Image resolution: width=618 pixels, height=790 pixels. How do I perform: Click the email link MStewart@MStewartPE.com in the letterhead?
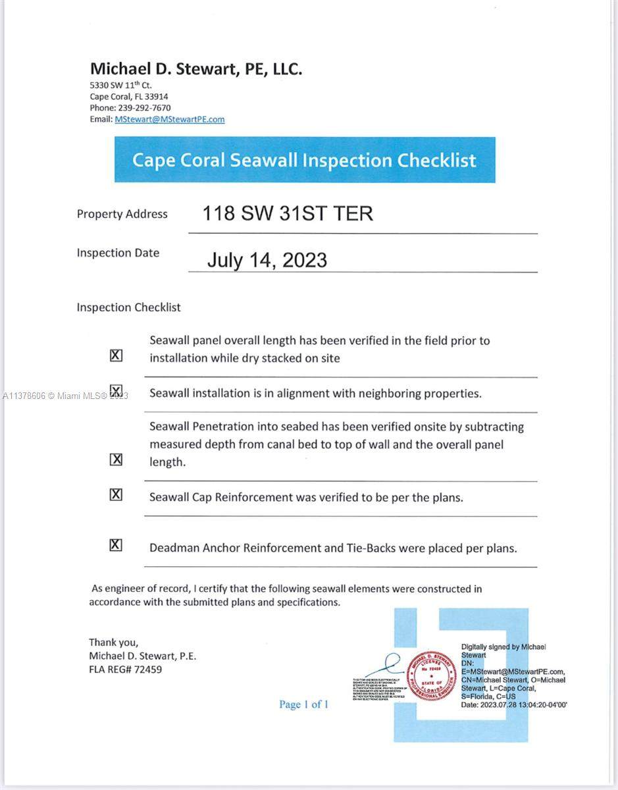(169, 119)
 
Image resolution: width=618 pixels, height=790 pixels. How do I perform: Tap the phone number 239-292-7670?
(144, 107)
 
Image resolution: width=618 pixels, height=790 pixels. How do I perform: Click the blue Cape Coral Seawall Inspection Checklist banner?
(304, 160)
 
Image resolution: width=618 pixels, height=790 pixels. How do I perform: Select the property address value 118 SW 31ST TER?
(287, 213)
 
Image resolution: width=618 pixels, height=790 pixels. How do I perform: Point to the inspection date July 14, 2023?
(267, 259)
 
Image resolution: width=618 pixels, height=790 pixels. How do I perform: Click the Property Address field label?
(122, 214)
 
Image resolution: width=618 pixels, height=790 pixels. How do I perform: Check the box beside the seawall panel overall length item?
(116, 355)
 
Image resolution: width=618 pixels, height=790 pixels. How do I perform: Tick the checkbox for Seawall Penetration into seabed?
(116, 460)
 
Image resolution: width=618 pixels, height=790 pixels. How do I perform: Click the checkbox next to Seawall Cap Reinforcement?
(116, 494)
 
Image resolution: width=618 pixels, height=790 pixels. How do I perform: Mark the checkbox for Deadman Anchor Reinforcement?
(116, 544)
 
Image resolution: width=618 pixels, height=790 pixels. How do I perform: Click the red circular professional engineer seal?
(432, 675)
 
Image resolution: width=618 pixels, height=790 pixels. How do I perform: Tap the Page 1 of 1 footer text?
(303, 704)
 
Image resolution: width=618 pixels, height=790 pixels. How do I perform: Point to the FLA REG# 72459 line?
(125, 670)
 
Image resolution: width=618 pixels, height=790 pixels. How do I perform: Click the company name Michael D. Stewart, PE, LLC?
(196, 68)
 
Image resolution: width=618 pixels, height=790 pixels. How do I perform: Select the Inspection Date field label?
(118, 253)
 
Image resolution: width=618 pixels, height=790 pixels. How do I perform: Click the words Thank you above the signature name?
(113, 642)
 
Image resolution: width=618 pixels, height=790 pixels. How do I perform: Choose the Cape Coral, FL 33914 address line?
(129, 96)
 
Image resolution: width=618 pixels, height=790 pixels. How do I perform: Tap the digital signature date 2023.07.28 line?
(513, 704)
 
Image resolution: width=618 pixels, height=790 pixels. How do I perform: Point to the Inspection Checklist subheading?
(128, 307)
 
